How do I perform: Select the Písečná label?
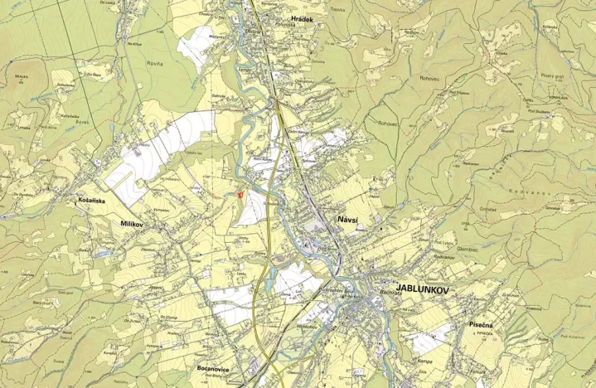pos(481,325)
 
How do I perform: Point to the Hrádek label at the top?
pos(303,17)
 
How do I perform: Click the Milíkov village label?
pos(132,224)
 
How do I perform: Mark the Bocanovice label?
pos(217,367)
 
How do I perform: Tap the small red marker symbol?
pos(240,195)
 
